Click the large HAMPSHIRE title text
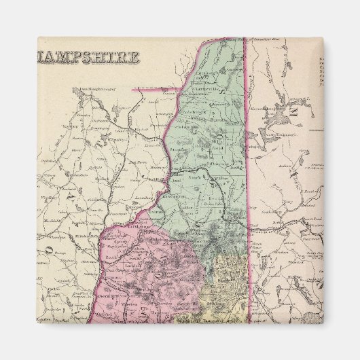click(x=88, y=56)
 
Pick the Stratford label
click(x=183, y=145)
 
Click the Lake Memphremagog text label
click(x=92, y=89)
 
